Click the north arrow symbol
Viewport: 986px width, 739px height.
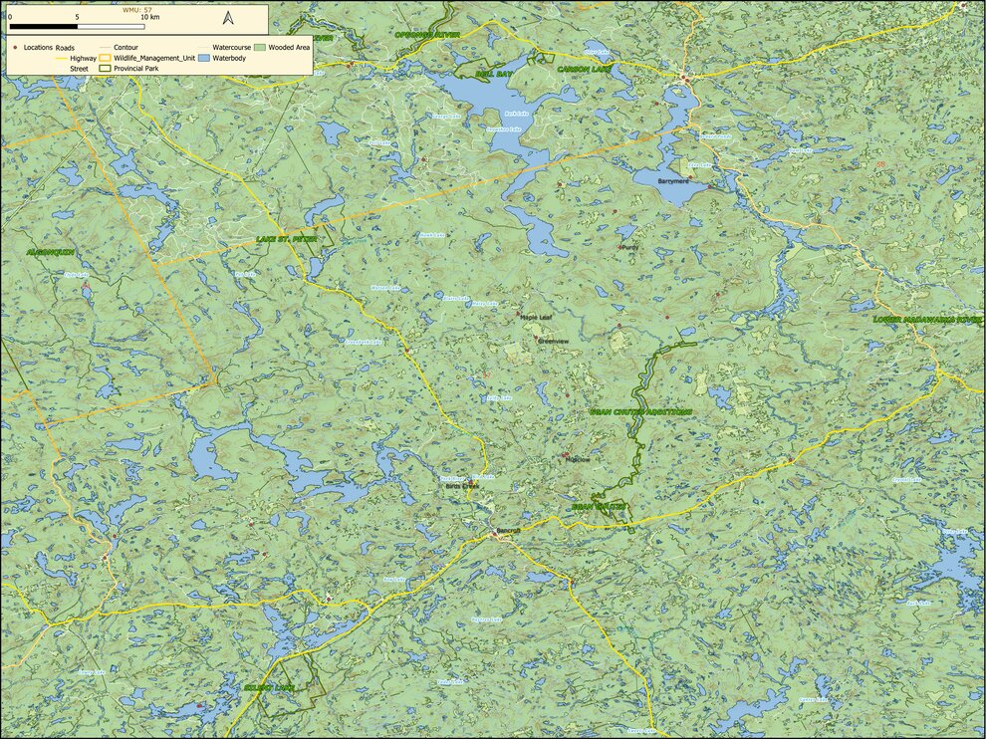227,17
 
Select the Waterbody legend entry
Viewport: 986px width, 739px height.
221,59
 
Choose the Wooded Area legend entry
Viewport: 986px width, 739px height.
281,47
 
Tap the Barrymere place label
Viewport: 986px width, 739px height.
676,182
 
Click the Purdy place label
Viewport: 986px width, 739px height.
629,247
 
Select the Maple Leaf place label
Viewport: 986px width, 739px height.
535,318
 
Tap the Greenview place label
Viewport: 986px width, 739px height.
553,341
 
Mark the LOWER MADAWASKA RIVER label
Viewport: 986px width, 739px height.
927,319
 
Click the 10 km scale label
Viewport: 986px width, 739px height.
149,17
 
